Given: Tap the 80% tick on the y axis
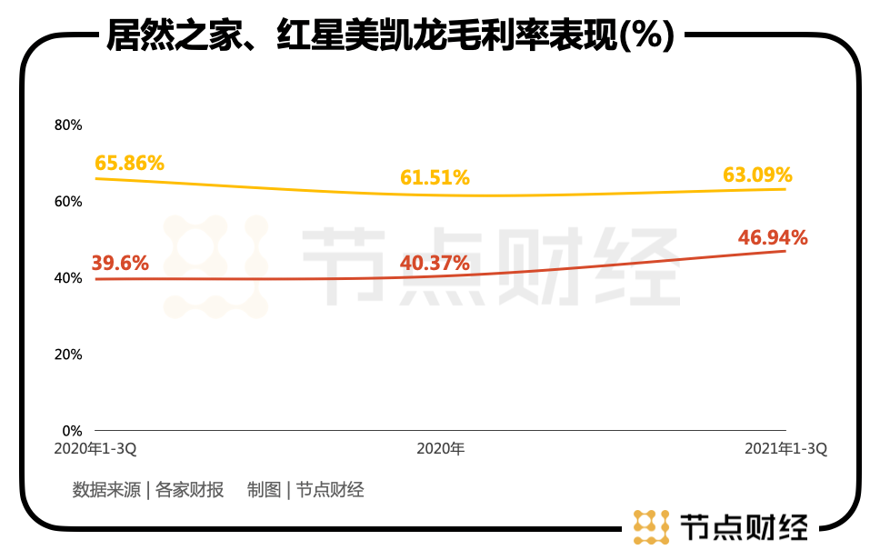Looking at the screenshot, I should [69, 125].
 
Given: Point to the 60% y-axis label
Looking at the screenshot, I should [69, 201].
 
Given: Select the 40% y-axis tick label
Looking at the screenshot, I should [69, 277].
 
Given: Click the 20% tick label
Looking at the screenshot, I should [69, 354].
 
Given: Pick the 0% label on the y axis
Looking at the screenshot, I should [73, 430].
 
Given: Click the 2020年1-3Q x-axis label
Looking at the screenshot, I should [95, 449].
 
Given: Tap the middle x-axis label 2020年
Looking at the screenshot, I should [440, 449].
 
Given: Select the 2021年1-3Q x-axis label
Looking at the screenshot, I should [785, 449].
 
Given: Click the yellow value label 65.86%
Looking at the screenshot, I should [129, 163].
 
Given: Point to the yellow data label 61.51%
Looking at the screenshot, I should [435, 176].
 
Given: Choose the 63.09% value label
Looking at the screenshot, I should [757, 174].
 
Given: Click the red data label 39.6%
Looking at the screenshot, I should [121, 263].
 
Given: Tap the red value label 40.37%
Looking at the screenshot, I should [435, 263].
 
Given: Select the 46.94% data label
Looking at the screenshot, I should [773, 238].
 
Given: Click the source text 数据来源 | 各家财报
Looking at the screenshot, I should [148, 490].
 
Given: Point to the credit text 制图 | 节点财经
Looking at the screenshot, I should [305, 490].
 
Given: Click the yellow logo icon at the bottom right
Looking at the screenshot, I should [651, 527].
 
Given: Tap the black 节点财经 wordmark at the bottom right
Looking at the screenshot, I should [743, 527].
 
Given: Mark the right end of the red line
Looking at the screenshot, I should [785, 251].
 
